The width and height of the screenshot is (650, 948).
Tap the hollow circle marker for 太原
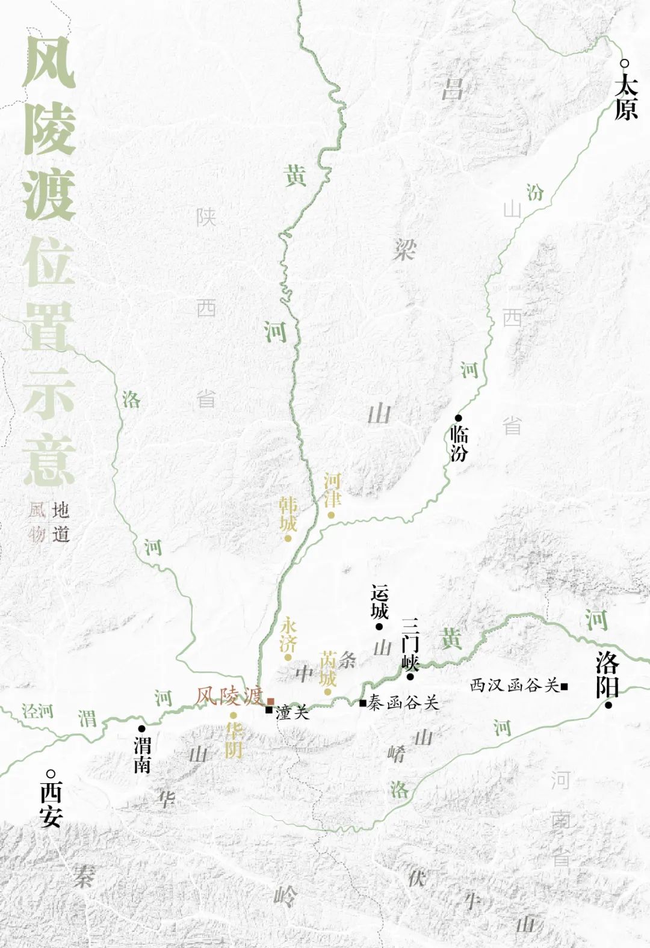pos(625,63)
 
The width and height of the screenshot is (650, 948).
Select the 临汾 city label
pos(459,443)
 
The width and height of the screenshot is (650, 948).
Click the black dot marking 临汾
pos(458,417)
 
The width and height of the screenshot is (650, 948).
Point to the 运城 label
pos(380,602)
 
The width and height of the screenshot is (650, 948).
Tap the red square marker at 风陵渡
pos(271,701)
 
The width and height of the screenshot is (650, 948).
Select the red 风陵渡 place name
pos(229,695)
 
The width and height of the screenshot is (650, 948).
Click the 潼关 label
pos(292,712)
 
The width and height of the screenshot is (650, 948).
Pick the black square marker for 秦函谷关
pos(362,703)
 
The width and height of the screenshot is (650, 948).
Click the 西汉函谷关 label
pos(515,685)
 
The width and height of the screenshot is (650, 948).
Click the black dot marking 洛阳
pos(608,705)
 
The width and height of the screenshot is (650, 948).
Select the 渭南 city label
pos(142,756)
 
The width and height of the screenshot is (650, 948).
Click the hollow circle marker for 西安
pos(51,774)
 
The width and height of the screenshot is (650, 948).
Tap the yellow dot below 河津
pos(331,515)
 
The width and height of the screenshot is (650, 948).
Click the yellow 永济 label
pos(288,635)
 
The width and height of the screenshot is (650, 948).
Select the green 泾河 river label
pos(37,711)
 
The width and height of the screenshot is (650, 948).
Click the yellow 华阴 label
pos(234,739)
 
